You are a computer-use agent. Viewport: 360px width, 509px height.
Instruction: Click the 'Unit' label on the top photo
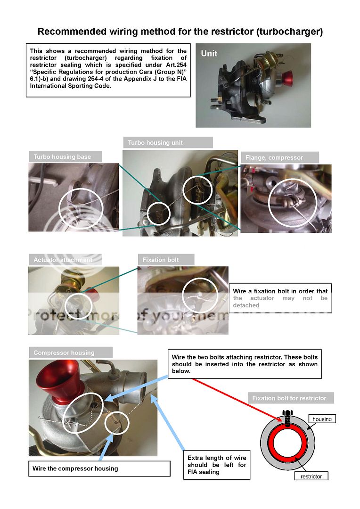[209, 53]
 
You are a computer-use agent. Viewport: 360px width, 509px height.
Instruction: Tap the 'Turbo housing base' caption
[62, 157]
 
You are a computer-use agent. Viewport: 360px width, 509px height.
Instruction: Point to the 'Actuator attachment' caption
[63, 260]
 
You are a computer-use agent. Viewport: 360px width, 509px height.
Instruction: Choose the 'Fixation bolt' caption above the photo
[161, 260]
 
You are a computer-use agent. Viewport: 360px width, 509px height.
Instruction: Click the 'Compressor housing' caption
[64, 353]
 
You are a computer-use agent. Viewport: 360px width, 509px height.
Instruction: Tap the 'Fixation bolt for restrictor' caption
[289, 398]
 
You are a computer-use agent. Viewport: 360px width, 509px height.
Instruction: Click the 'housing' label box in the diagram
[322, 419]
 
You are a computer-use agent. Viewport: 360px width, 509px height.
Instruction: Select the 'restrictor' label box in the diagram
[311, 476]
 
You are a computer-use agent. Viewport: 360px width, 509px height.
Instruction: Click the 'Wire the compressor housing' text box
[99, 468]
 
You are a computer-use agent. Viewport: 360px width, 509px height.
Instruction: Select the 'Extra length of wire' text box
[217, 465]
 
